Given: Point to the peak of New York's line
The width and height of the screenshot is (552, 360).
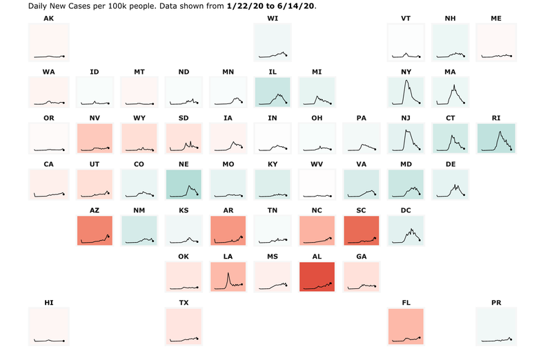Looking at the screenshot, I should point(407,81).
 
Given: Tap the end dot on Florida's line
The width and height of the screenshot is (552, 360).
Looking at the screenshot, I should point(420,338).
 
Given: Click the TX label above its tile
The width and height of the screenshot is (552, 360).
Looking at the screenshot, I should point(184,303).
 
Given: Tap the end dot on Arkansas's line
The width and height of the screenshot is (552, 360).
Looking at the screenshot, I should point(242,238).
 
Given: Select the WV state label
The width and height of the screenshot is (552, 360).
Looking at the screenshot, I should point(317,164).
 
